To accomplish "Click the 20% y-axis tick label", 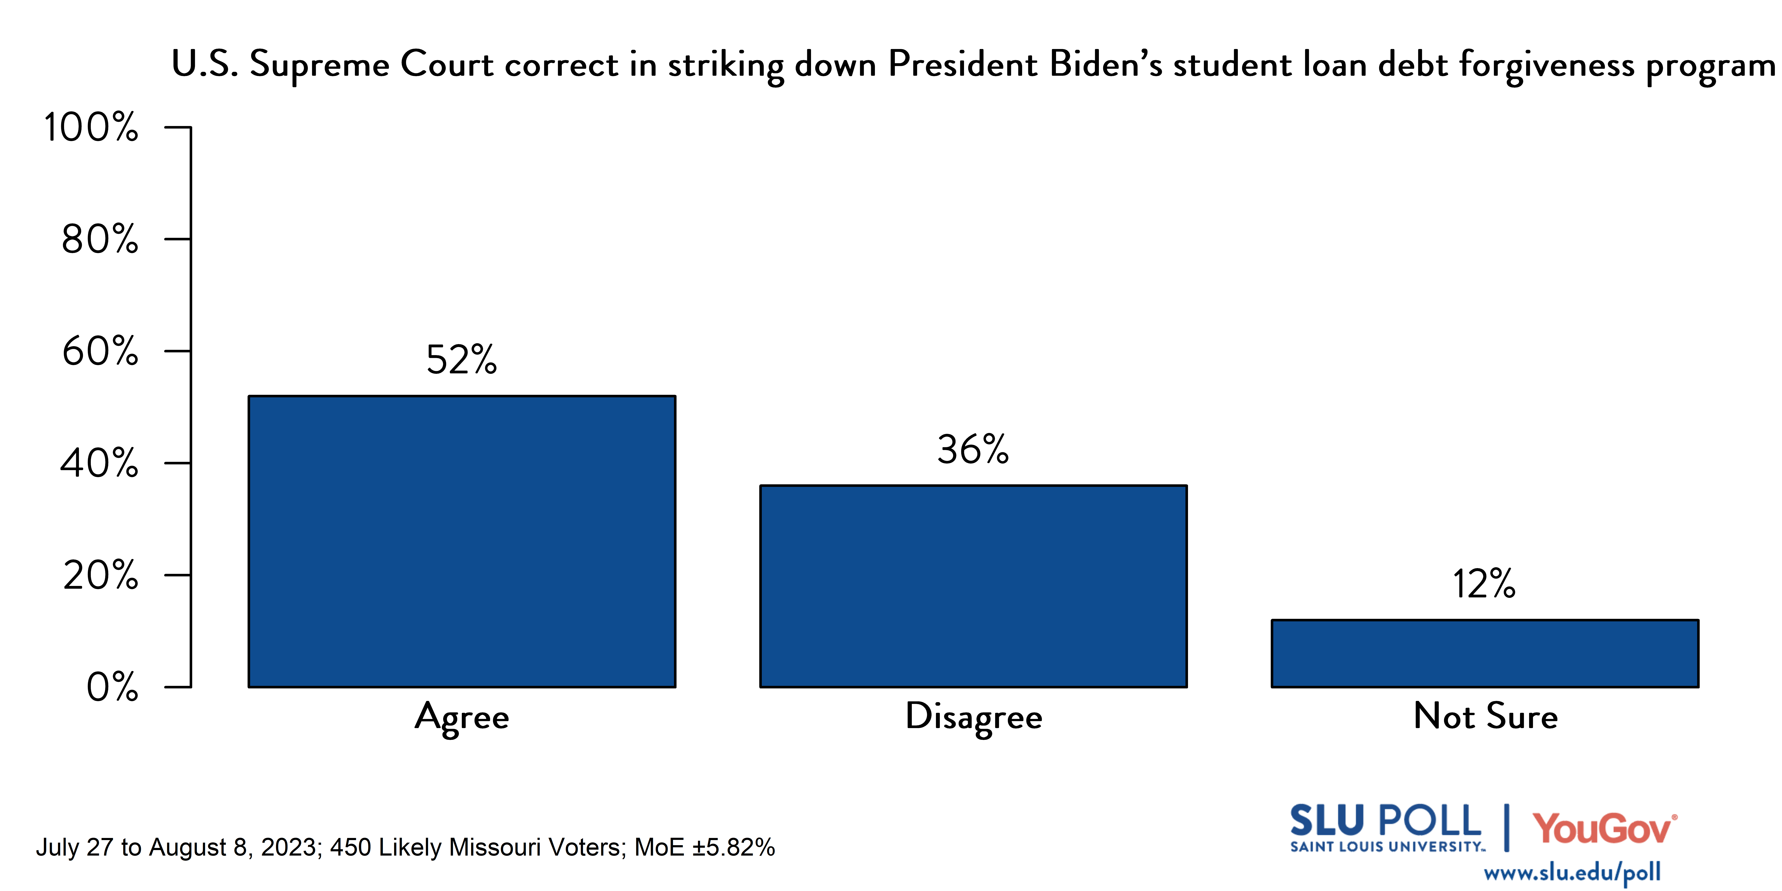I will (x=100, y=576).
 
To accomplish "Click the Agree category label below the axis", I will (x=462, y=717).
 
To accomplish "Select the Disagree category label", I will (x=973, y=717).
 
